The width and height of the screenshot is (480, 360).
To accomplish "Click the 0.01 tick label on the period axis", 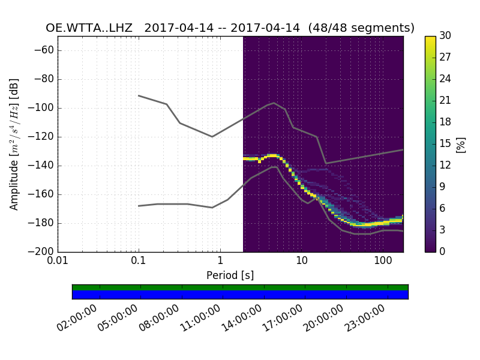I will click(58, 262).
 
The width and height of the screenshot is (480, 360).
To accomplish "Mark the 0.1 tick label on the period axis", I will click(139, 262).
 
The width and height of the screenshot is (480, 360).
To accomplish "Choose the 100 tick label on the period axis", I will click(383, 262).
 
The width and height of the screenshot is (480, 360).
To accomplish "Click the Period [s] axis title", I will click(230, 275).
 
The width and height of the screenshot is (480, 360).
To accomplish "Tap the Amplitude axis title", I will click(14, 144).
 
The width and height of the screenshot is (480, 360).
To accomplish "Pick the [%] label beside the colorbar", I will click(461, 144).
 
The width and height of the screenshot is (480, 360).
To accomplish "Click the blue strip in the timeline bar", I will click(240, 295).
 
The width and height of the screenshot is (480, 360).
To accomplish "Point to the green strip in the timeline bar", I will click(240, 287).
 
